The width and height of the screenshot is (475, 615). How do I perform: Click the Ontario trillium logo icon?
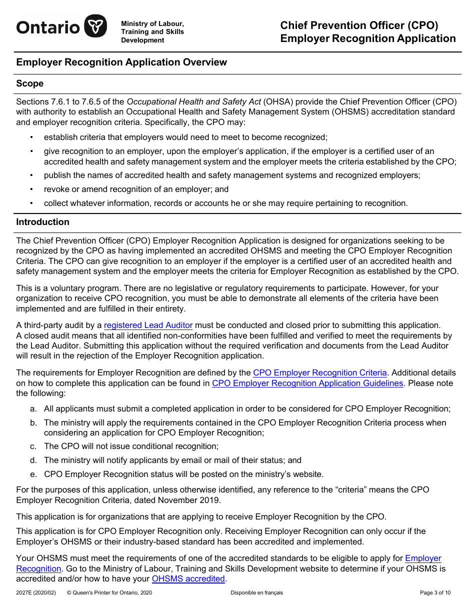click(95, 26)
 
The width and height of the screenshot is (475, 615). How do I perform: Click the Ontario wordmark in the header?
click(47, 27)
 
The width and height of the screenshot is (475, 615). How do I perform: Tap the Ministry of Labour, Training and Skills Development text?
click(152, 32)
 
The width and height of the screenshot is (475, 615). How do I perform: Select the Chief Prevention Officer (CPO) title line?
click(359, 25)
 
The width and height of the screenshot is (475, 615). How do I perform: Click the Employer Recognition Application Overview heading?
click(121, 62)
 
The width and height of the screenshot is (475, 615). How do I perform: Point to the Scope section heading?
click(30, 83)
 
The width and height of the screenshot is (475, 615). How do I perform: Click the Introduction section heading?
click(42, 222)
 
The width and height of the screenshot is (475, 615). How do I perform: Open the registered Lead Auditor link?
click(148, 325)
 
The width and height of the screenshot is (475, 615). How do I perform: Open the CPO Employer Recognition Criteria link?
click(320, 372)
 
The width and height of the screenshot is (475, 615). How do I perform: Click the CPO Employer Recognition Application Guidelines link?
click(307, 383)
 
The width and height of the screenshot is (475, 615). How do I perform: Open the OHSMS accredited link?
click(188, 578)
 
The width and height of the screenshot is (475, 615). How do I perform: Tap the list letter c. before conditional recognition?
click(33, 446)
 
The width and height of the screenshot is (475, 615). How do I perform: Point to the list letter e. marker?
click(33, 474)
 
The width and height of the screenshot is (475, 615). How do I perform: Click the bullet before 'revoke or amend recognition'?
click(32, 189)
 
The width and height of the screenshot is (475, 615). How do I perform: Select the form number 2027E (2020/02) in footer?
click(36, 593)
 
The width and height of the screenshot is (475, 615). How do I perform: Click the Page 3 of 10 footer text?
click(435, 593)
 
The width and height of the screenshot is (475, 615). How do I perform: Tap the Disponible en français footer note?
click(256, 593)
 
